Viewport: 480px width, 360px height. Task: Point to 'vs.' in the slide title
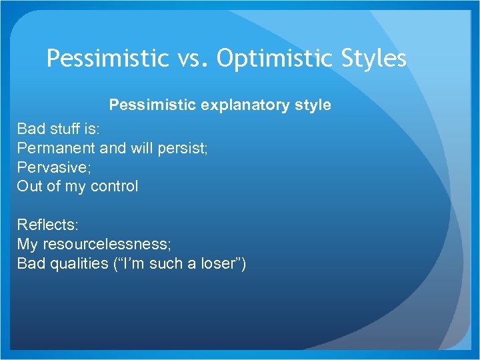click(x=193, y=59)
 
